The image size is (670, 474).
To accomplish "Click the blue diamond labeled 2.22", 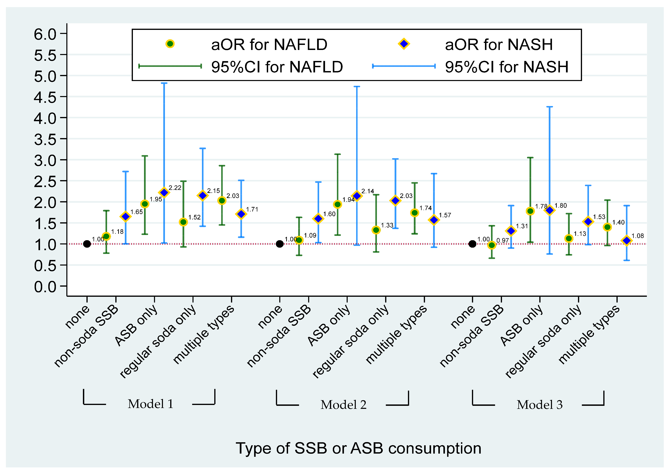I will pos(164,193).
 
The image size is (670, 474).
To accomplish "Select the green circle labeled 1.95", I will pos(145,204).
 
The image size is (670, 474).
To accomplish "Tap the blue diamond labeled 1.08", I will pos(626,241).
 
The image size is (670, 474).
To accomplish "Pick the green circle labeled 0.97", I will pos(492,245).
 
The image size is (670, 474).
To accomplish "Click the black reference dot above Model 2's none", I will pos(279,244).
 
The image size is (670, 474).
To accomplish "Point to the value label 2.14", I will pos(368,191).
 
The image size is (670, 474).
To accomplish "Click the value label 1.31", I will pos(522,226).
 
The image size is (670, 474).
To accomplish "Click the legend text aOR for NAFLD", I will pos(269,45).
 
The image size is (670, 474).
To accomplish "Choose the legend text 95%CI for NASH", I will pos(507,67).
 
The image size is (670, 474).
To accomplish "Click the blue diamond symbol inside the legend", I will pos(404,44).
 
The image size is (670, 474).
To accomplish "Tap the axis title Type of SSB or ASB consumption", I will pos(358,448).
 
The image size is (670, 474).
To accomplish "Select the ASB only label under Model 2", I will pos(328,325).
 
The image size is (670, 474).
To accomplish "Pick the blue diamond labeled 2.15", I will pos(203,195).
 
